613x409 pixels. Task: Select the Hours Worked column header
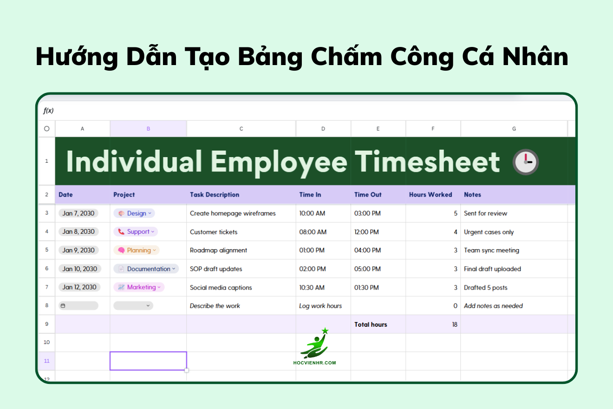tap(430, 195)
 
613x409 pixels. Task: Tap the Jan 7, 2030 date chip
tap(78, 213)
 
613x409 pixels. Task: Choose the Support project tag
tap(136, 231)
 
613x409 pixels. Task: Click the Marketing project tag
tap(139, 287)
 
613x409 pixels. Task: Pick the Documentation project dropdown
tap(146, 269)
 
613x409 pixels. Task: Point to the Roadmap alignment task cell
tap(218, 250)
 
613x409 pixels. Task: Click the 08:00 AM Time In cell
tap(313, 232)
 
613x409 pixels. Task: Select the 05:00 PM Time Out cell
tap(367, 269)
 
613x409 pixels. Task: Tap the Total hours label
tap(371, 324)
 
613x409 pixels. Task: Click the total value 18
tap(455, 324)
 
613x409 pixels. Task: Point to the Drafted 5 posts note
tap(485, 288)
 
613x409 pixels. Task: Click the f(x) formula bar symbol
tap(48, 111)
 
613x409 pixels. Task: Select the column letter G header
tap(514, 129)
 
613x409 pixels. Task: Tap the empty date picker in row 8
tap(78, 306)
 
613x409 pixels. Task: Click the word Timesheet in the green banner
tap(427, 162)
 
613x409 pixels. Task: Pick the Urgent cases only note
tap(489, 232)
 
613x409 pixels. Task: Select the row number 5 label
tap(46, 250)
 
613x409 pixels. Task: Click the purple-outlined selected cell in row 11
tap(148, 361)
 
